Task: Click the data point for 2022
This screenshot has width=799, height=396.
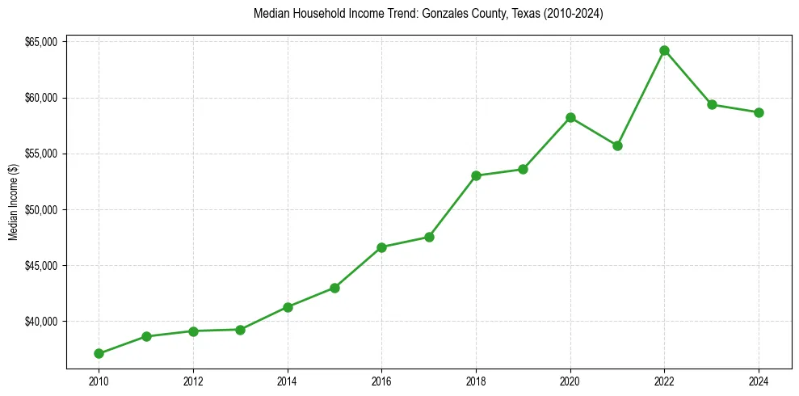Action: (664, 50)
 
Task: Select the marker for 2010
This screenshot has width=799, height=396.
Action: (99, 353)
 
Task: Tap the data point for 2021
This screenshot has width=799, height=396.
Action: (617, 145)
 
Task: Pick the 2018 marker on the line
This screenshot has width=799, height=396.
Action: (476, 175)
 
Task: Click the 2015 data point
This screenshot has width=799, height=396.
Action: (334, 288)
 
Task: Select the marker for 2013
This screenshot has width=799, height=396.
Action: (240, 330)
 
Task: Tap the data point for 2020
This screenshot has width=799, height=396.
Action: (570, 117)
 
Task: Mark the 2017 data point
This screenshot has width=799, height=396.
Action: (429, 237)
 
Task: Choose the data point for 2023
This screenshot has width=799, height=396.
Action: (712, 104)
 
